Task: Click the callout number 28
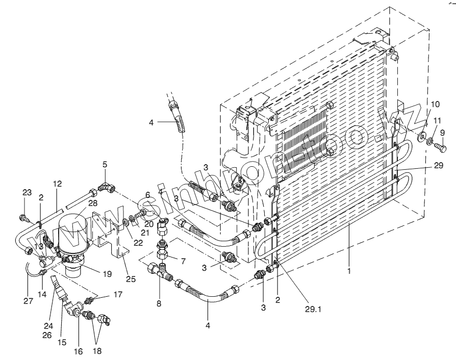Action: pyautogui.click(x=93, y=203)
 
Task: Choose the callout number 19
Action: pyautogui.click(x=107, y=273)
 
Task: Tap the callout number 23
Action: pyautogui.click(x=27, y=192)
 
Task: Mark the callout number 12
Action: pyautogui.click(x=57, y=183)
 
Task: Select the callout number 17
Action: pyautogui.click(x=118, y=294)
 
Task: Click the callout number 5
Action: pyautogui.click(x=105, y=165)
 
